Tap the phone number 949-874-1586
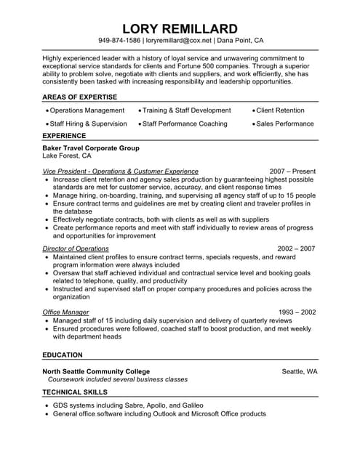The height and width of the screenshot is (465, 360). pyautogui.click(x=119, y=41)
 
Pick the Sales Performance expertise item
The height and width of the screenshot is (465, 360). pyautogui.click(x=286, y=124)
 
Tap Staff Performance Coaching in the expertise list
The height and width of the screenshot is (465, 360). pyautogui.click(x=185, y=124)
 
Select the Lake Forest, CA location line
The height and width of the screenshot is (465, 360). pyautogui.click(x=67, y=155)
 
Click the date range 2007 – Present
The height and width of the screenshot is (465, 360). pyautogui.click(x=293, y=171)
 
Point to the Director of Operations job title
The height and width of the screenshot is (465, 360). pyautogui.click(x=76, y=248)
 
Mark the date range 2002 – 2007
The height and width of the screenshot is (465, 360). pyautogui.click(x=297, y=248)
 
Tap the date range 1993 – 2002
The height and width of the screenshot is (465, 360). pyautogui.click(x=297, y=312)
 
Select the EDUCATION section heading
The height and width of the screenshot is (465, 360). pyautogui.click(x=63, y=355)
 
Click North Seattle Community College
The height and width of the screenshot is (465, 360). pyautogui.click(x=96, y=371)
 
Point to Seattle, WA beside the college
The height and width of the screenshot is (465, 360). pyautogui.click(x=299, y=371)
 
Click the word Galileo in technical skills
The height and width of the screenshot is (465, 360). pyautogui.click(x=188, y=405)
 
